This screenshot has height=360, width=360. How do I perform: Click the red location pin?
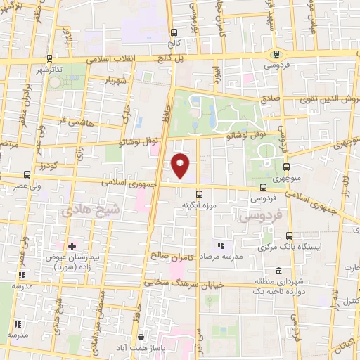tap(181, 165)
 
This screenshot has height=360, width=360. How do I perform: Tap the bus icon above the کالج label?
tap(174, 32)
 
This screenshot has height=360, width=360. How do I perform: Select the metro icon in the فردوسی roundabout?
tap(276, 53)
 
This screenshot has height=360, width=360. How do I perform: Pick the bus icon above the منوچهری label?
tap(286, 167)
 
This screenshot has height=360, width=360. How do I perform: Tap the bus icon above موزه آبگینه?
tap(199, 194)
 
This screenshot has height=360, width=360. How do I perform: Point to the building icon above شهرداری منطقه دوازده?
tap(279, 271)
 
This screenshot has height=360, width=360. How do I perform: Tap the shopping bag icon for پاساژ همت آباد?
tap(141, 338)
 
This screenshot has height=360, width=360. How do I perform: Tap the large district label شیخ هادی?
tap(91, 211)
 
